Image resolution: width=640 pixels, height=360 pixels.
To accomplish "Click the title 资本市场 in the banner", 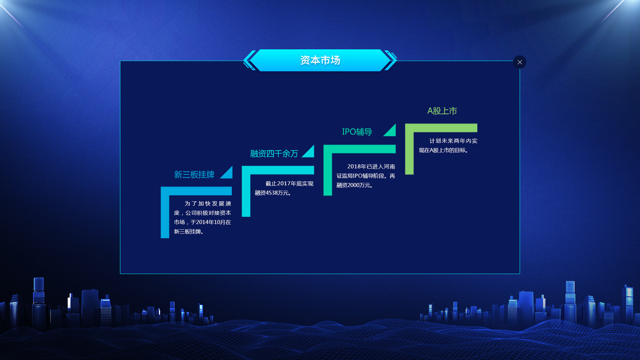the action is coord(320,61).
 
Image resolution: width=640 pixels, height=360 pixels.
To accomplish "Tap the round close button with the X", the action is coord(519,62).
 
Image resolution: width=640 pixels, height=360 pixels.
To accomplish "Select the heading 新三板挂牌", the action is coord(194,175).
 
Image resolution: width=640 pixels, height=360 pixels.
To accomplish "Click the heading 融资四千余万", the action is coord(274,154).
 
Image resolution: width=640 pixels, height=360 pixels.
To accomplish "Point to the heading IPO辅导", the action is coord(357,132).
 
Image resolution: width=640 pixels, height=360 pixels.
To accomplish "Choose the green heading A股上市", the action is coord(442,111).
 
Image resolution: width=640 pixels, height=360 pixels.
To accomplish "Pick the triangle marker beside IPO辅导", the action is coord(391,131).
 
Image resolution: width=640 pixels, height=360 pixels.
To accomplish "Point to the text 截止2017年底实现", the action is coord(289,184).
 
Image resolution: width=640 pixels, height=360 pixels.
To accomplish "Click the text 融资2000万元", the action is coord(353,185).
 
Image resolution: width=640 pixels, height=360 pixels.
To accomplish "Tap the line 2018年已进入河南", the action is coord(371,167).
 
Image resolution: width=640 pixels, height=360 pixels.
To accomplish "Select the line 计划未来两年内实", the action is coord(453,141).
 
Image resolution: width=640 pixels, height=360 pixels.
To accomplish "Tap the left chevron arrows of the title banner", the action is coord(250,61).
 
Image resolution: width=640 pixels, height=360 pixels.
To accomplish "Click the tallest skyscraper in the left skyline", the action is coord(39,302).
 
